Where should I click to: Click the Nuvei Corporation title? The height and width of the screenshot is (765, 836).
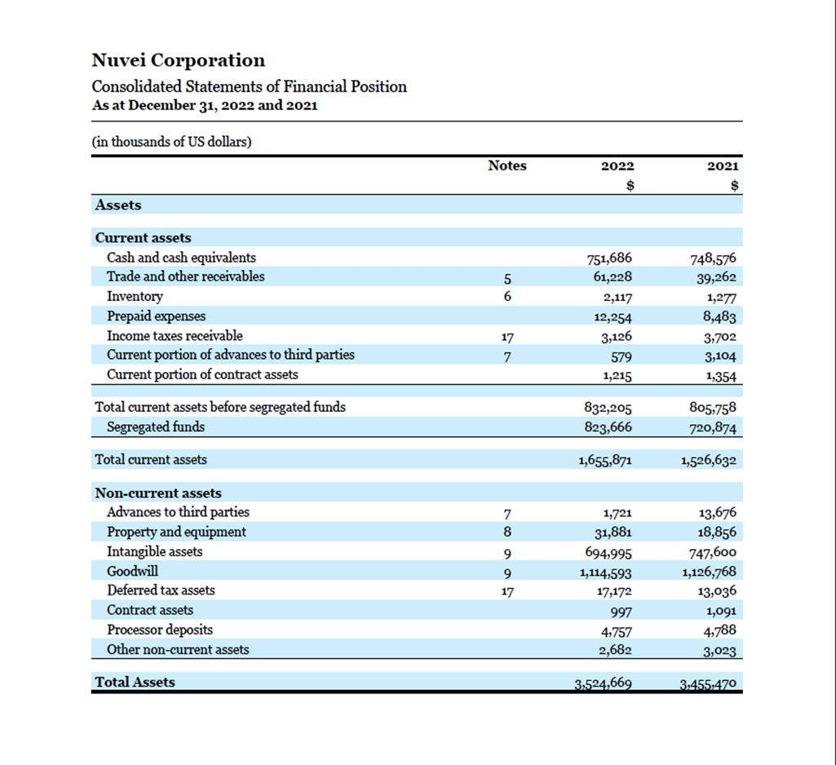[x=178, y=60]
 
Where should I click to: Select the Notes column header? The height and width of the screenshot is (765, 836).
[x=507, y=166]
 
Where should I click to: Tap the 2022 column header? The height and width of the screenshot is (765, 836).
[x=617, y=166]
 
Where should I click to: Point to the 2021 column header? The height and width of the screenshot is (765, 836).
[x=723, y=166]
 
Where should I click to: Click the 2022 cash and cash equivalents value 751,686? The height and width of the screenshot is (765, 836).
[x=609, y=259]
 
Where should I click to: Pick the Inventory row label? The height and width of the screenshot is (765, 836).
[x=135, y=297]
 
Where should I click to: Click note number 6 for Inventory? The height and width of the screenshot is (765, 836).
[x=507, y=297]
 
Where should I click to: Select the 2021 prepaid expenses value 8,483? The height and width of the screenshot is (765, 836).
[x=719, y=317]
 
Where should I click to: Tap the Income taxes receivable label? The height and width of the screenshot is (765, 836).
[x=175, y=336]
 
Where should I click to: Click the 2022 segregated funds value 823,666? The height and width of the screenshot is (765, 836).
[x=608, y=427]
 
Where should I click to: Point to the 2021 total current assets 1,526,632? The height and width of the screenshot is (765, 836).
[x=708, y=461]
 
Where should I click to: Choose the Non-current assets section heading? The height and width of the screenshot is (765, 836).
[x=158, y=493]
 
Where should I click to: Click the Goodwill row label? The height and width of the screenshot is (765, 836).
[x=132, y=571]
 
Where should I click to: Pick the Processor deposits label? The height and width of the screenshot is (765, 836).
[x=160, y=630]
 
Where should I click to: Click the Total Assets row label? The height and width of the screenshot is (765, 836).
[x=135, y=682]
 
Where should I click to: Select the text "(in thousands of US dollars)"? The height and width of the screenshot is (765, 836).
[x=171, y=142]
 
